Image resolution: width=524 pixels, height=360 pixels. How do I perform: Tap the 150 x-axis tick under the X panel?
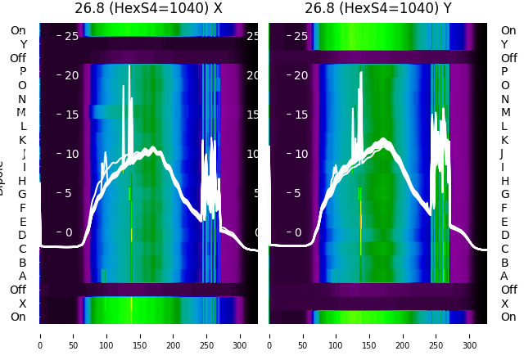pos(140,334)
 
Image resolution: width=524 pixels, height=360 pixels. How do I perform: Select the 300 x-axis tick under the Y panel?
pos(470,334)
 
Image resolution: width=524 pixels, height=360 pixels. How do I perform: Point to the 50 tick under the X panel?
pos(73,334)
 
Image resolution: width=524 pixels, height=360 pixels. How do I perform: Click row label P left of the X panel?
pos(22,72)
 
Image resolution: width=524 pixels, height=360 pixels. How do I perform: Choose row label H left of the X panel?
pos(22,181)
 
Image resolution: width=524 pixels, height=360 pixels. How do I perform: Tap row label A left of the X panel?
pos(22,277)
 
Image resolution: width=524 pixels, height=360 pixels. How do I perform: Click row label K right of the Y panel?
pos(504,140)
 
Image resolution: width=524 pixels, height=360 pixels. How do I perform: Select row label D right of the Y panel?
pos(504,236)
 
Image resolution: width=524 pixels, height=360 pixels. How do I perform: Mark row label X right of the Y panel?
pos(504,304)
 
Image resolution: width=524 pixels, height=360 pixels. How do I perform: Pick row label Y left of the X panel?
pos(22,44)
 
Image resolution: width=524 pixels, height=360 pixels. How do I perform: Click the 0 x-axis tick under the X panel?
pos(40,334)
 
